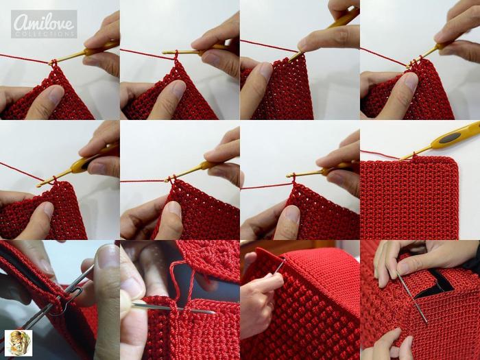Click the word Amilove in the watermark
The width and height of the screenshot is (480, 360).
click(x=44, y=21)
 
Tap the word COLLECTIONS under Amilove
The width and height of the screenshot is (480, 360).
click(x=44, y=34)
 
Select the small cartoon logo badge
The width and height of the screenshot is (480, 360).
click(x=19, y=343)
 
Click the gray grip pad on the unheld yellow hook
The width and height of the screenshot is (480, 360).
click(x=449, y=138)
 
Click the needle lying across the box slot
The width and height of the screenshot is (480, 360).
click(x=412, y=298)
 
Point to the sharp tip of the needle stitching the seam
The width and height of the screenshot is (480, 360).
click(x=215, y=313)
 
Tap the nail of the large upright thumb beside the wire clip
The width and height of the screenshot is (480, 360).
click(x=106, y=256)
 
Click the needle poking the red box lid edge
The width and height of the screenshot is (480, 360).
click(x=279, y=265)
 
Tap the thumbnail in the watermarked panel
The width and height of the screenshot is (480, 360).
click(x=55, y=95)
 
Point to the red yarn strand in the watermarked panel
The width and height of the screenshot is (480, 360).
click(x=25, y=59)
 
